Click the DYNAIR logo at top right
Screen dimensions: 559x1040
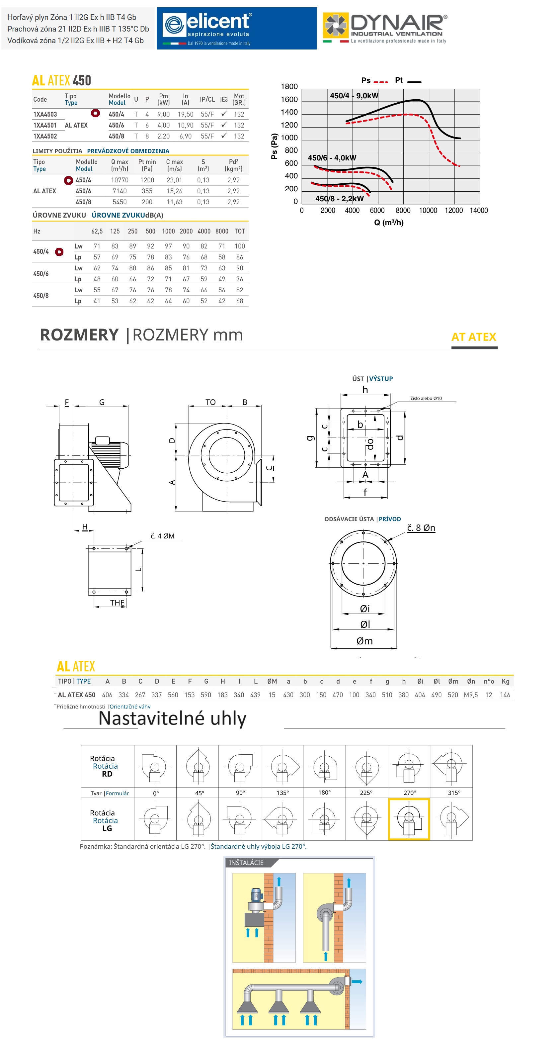point(385,28)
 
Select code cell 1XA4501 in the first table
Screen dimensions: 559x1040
point(45,125)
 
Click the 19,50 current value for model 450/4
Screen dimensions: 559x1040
point(186,114)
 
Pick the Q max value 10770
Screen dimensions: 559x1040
point(120,180)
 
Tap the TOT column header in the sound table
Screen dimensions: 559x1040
point(240,231)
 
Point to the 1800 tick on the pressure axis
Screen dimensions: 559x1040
point(289,86)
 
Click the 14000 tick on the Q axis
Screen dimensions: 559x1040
point(479,210)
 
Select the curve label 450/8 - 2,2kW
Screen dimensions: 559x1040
point(340,199)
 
